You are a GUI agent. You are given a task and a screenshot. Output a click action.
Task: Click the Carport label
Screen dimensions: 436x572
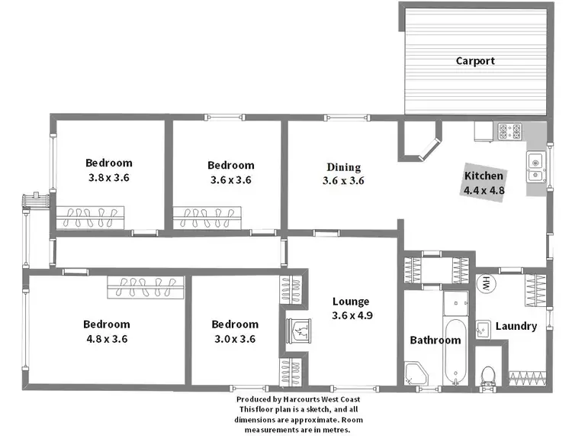coord(475,61)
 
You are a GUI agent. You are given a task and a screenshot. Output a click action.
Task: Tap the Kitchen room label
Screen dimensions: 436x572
coord(484,176)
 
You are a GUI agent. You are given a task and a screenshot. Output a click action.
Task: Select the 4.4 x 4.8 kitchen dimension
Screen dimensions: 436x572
coord(484,190)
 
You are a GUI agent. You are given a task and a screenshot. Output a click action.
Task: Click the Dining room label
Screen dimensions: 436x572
coord(343,167)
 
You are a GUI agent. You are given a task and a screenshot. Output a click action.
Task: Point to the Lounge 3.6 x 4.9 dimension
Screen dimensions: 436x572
coord(352,315)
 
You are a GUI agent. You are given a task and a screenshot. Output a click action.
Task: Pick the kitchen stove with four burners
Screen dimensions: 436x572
coord(509,131)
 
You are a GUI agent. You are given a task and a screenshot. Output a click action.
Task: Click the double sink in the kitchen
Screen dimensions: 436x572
coord(535,168)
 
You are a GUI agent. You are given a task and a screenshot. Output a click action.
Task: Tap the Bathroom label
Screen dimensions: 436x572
coord(435,341)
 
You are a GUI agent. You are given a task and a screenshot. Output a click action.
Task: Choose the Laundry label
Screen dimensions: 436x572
coord(516,326)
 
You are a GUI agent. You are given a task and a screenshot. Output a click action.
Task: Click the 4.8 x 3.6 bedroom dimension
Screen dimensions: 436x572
coord(107,339)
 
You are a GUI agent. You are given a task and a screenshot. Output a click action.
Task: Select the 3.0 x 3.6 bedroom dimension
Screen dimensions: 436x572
coord(234,339)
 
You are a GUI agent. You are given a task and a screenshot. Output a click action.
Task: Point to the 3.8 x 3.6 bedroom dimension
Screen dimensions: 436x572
coord(108,177)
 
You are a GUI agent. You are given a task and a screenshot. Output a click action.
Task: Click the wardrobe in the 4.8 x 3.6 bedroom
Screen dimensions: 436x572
coord(145,287)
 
